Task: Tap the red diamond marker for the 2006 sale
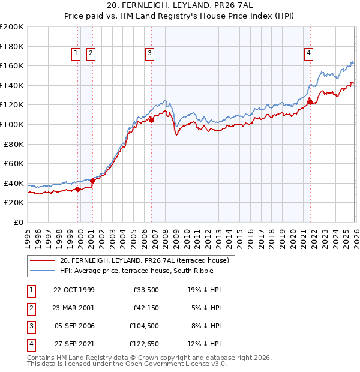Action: [x=151, y=120]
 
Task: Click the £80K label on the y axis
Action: [x=14, y=144]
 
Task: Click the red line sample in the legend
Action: [x=42, y=261]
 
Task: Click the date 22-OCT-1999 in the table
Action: [x=74, y=290]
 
